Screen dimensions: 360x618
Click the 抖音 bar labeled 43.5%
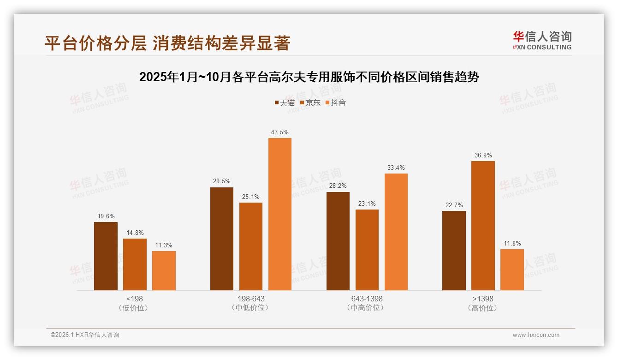pos(280,214)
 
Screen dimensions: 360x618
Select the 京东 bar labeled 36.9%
pos(483,226)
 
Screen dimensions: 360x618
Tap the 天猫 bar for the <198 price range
pos(106,256)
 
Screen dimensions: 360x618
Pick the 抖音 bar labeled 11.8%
pos(512,270)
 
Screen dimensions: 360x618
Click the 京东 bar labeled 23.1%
pos(367,250)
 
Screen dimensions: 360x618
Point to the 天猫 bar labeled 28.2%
pos(338,241)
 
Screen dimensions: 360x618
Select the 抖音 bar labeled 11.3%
pos(164,271)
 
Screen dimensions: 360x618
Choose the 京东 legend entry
pos(310,102)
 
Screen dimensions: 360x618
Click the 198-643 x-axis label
pos(251,299)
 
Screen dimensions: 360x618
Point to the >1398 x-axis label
pos(483,299)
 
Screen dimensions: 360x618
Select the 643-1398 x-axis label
pos(367,299)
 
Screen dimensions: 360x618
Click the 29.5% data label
pos(221,181)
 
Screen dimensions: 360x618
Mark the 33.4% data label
pos(396,168)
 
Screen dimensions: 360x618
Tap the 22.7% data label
pos(454,205)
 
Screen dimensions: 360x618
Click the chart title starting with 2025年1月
pos(309,77)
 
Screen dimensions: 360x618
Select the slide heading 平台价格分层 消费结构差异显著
pos(167,43)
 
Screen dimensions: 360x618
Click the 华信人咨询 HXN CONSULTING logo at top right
pos(542,40)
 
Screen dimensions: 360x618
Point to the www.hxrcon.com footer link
pos(536,335)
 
